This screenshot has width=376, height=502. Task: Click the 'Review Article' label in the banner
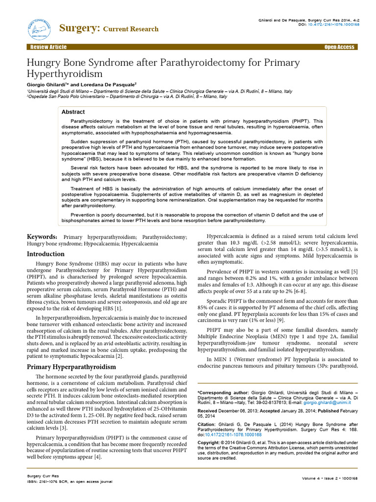point(48,47)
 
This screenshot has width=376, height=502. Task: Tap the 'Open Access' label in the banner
point(339,47)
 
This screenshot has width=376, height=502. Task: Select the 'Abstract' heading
point(73,112)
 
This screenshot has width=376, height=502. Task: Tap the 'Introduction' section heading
point(46,254)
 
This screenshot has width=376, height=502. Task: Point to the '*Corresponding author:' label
point(222,393)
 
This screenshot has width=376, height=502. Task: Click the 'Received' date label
point(208,411)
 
